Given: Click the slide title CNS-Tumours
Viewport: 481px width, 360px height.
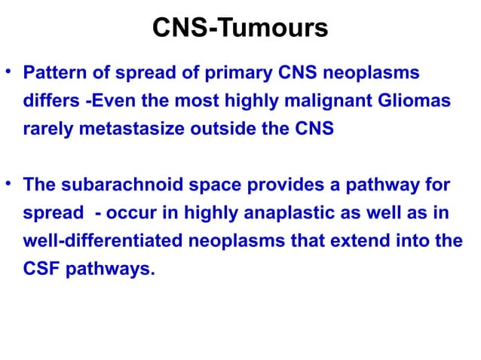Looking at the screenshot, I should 240,28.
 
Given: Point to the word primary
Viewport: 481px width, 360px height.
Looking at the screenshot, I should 216,75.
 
